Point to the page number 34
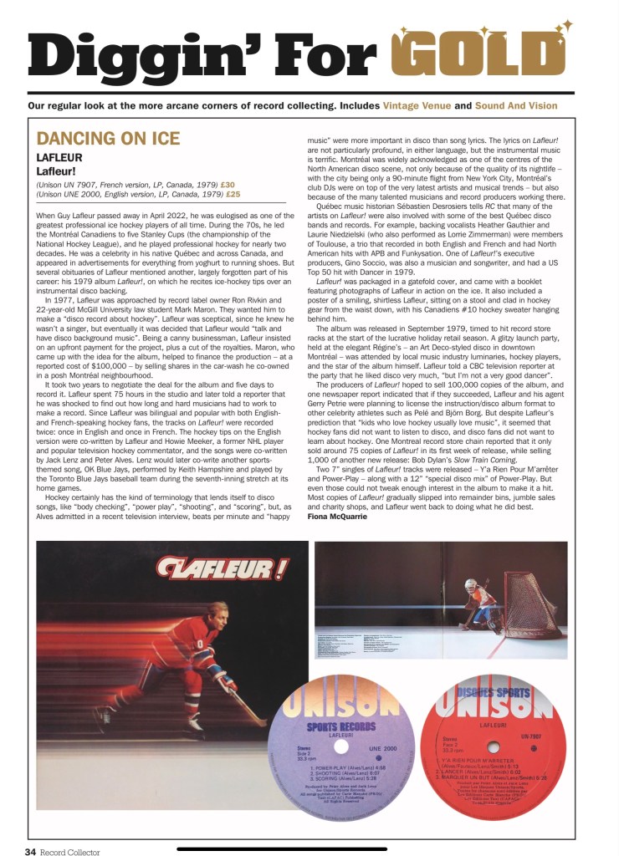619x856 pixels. pyautogui.click(x=29, y=852)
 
